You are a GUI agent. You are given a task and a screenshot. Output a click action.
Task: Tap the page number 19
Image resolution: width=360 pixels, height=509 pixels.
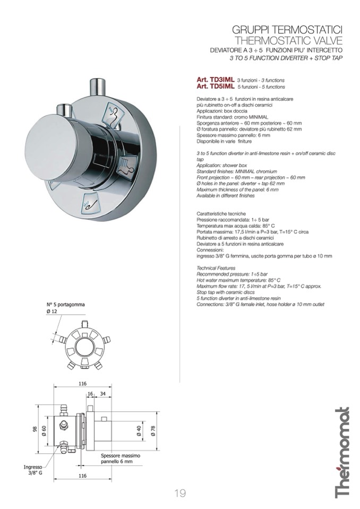(x=180, y=493)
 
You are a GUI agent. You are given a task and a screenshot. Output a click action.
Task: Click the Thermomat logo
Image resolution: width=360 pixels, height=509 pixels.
(x=342, y=452)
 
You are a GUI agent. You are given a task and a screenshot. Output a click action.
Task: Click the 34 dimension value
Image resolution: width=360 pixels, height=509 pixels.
(x=102, y=393)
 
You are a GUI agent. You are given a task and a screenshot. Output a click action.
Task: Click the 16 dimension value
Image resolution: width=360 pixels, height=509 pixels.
(x=90, y=393)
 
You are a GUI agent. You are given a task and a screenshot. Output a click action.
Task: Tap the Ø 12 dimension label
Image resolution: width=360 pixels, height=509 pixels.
(x=52, y=312)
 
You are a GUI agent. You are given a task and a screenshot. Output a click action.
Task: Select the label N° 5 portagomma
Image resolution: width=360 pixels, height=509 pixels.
(x=66, y=305)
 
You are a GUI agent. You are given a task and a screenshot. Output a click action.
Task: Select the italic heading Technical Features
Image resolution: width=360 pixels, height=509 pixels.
(x=216, y=269)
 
